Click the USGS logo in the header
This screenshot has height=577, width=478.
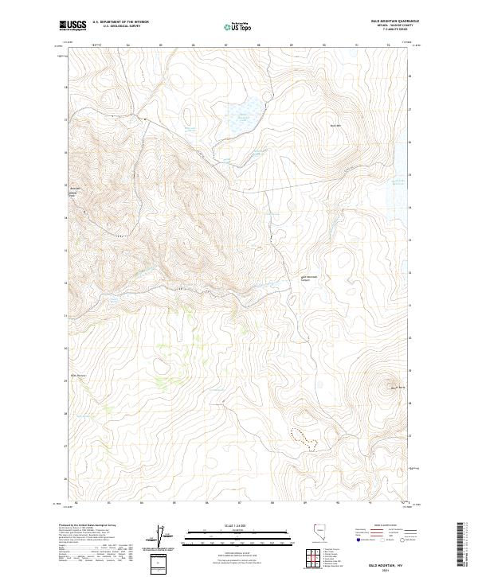(72, 26)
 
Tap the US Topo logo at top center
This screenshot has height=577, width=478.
(238, 27)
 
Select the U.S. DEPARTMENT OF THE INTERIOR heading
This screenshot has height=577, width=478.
(120, 22)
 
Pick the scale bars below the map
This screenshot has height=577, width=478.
(227, 537)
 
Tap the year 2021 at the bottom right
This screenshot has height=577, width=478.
(384, 569)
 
